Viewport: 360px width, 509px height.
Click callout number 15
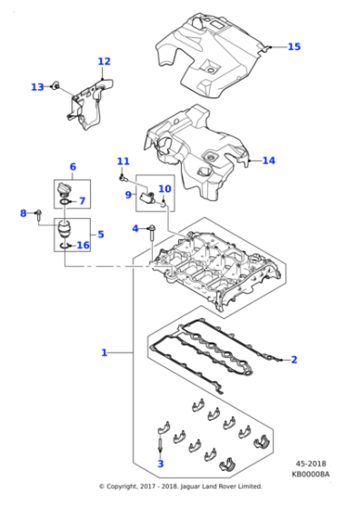[294, 46]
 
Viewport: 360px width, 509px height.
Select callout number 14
[268, 161]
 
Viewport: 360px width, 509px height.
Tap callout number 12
[104, 62]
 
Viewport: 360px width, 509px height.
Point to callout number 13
[36, 87]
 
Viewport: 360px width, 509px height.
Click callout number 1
[105, 352]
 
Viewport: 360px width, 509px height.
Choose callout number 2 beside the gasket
[294, 360]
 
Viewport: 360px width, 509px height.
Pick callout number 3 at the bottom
[160, 464]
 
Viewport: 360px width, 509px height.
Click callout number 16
[83, 245]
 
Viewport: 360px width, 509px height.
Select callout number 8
[24, 214]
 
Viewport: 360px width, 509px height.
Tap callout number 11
[123, 162]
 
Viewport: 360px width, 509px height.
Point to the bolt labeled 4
[153, 230]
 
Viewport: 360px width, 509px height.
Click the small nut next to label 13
[56, 86]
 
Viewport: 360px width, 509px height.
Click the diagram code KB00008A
[311, 474]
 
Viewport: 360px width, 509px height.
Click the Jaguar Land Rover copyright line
[180, 486]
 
